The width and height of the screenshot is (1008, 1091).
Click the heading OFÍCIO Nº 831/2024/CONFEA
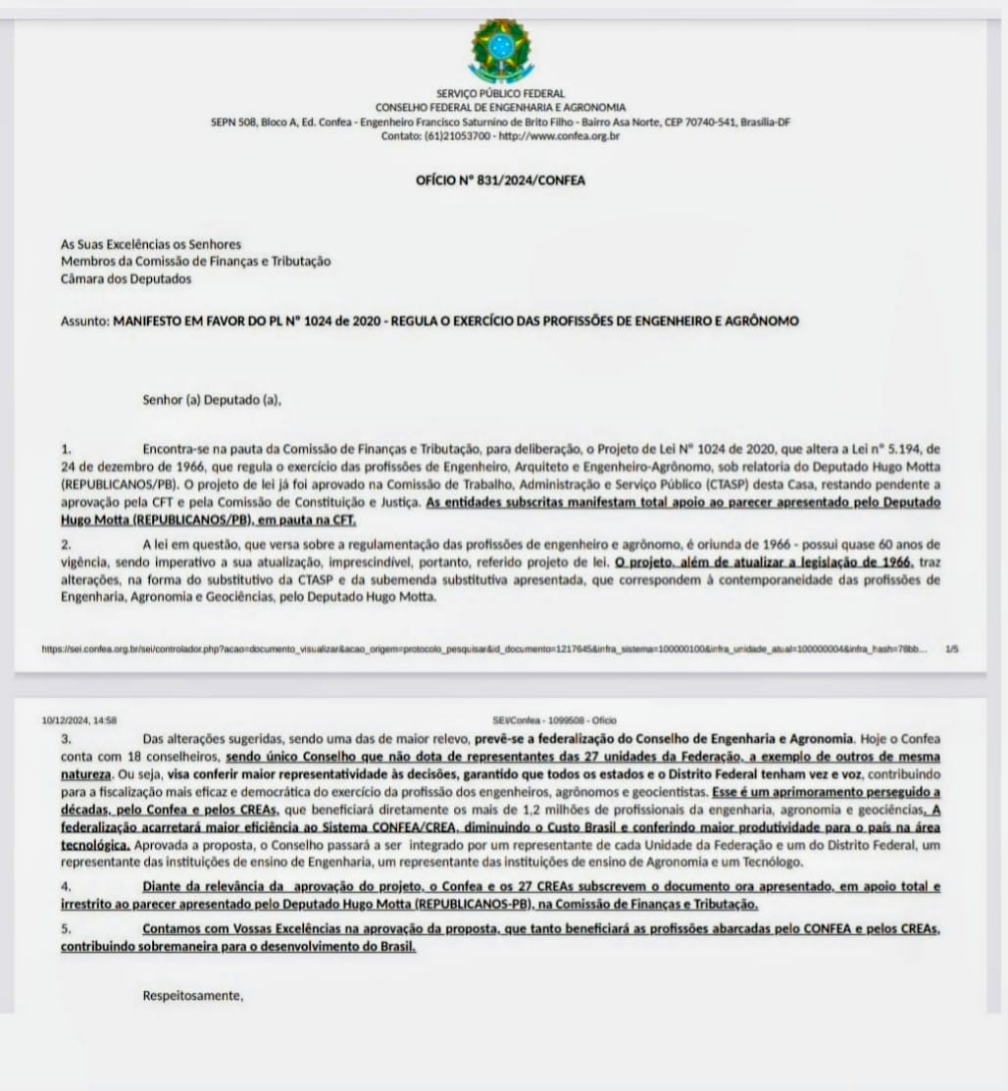(x=501, y=180)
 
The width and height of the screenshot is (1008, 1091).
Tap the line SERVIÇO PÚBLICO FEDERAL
(x=501, y=94)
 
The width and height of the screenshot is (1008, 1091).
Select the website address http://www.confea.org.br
(x=559, y=136)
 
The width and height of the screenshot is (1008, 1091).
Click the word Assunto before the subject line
(x=84, y=321)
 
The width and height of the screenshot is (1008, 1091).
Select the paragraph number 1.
(x=66, y=448)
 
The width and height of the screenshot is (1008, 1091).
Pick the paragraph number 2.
(x=66, y=544)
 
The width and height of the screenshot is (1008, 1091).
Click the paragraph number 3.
(x=66, y=737)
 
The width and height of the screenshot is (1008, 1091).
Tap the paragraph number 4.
(x=66, y=887)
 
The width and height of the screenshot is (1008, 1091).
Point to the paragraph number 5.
(x=66, y=928)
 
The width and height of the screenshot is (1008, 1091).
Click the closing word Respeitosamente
(x=192, y=996)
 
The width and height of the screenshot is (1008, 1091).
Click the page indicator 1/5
(x=952, y=648)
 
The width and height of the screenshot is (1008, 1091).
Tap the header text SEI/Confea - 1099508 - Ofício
(x=555, y=720)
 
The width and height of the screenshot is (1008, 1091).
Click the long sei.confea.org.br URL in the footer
(x=480, y=648)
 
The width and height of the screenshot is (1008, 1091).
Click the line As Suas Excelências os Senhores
(x=151, y=244)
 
